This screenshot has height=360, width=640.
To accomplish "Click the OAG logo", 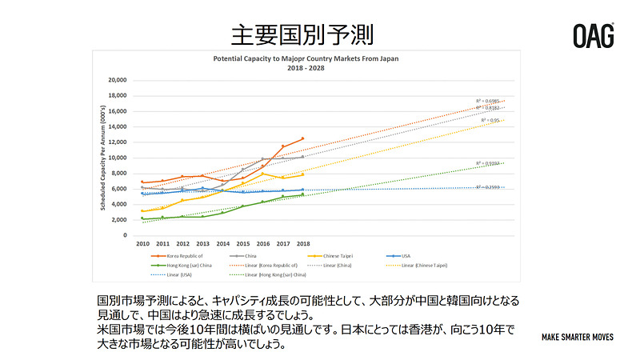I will [x=594, y=35].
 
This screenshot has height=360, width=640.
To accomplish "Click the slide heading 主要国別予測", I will [x=302, y=35].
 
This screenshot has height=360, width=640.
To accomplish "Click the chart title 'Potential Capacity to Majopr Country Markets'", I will [x=305, y=58].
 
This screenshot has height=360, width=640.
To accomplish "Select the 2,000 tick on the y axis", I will [x=119, y=220].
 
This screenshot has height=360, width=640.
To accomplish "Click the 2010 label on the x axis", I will [x=142, y=242].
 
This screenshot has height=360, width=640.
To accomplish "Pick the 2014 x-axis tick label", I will [x=222, y=242].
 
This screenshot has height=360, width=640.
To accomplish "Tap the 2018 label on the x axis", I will [x=302, y=242].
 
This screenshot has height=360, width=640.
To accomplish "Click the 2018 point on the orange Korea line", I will [x=302, y=138].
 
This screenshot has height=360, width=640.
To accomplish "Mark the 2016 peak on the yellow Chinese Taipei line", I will [x=262, y=174].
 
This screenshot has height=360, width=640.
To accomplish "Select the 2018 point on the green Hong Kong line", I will [x=302, y=194].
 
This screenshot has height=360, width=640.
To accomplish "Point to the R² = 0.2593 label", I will [x=490, y=186].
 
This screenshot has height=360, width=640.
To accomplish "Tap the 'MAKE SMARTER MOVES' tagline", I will [x=578, y=337].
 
